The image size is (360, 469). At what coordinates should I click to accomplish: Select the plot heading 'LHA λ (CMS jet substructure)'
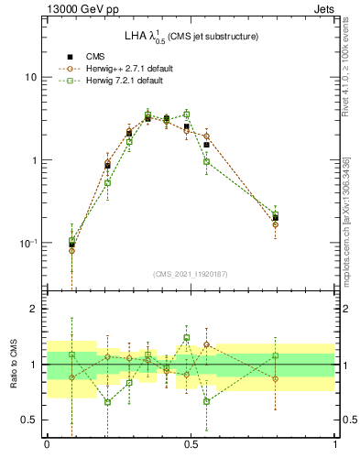pyautogui.click(x=191, y=36)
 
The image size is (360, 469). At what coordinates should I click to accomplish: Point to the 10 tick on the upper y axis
pyautogui.click(x=29, y=77)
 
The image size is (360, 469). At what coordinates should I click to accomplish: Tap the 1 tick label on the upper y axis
pyautogui.click(x=32, y=160)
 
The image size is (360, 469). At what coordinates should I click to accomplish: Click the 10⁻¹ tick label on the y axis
pyautogui.click(x=27, y=243)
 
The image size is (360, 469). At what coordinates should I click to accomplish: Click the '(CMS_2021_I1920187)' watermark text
pyautogui.click(x=191, y=273)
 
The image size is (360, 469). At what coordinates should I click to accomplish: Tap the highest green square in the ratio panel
pyautogui.click(x=187, y=337)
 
